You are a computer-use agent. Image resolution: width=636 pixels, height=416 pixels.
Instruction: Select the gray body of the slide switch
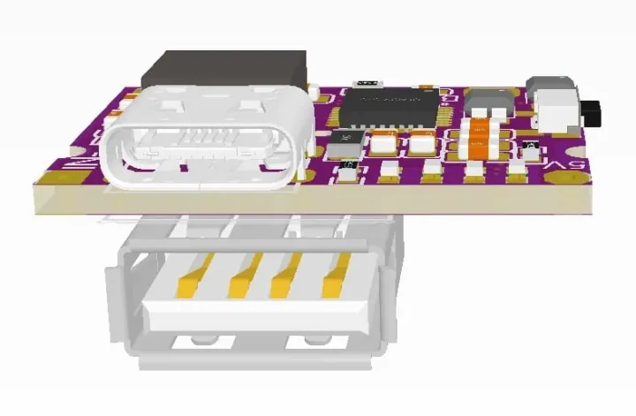(x=553, y=103)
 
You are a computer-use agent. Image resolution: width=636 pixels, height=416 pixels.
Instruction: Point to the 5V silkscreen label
(x=576, y=166)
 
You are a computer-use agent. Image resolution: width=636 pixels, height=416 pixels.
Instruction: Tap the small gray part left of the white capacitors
(x=345, y=138)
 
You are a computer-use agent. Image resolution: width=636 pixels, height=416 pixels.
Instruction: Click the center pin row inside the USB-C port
(x=203, y=139)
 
